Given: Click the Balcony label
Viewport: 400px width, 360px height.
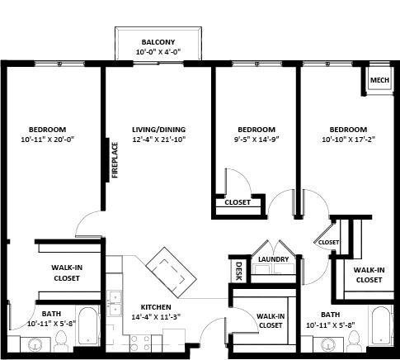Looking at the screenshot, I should coord(158,42).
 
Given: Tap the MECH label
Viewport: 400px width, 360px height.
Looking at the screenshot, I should coord(379,80).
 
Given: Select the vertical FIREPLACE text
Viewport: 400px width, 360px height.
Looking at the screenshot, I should coord(115,159).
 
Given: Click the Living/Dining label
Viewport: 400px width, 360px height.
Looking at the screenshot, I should coord(158,130).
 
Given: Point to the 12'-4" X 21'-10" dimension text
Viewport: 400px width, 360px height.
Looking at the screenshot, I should coord(158,140).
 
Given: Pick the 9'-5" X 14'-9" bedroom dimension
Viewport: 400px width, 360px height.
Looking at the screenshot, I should coord(256,140).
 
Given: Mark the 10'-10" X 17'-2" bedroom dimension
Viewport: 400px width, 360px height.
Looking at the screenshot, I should coord(348,140).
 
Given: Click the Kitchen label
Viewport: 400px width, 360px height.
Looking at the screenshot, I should coord(156,306).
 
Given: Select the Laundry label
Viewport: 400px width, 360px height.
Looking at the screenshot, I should coord(273,260).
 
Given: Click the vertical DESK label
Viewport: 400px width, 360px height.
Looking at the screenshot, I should coord(238,270).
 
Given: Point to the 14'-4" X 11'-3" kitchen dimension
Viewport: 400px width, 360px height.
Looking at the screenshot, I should coord(156,316).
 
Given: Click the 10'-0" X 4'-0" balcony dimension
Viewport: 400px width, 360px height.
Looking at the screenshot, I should coord(158,52).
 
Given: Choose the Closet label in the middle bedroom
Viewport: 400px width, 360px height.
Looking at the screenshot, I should coord(238,202).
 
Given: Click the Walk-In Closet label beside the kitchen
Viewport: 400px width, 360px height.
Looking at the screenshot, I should coord(271,320).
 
